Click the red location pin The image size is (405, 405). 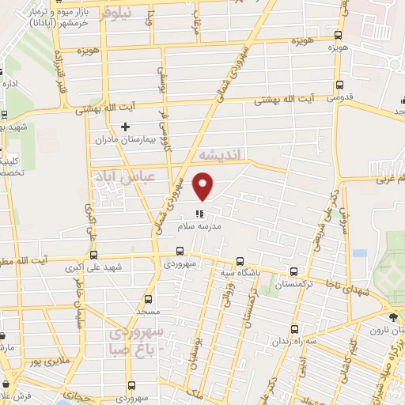click(x=204, y=186)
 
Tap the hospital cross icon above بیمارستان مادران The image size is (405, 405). click(x=125, y=127)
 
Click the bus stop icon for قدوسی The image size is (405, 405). click(x=340, y=86)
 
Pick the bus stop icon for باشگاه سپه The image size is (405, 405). click(x=240, y=262)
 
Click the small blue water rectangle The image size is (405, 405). click(x=360, y=254)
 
